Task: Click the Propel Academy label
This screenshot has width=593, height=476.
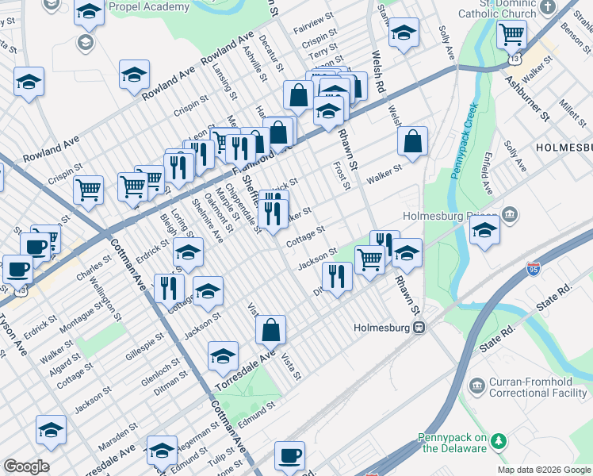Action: pos(150,6)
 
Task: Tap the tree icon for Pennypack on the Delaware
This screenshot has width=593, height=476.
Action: pos(499,440)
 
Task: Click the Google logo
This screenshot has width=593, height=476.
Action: pos(25,466)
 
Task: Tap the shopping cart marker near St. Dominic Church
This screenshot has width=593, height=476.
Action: pos(511,35)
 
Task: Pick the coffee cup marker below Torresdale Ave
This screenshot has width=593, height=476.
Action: pos(289,455)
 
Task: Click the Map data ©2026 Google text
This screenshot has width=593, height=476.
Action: pos(544,470)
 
